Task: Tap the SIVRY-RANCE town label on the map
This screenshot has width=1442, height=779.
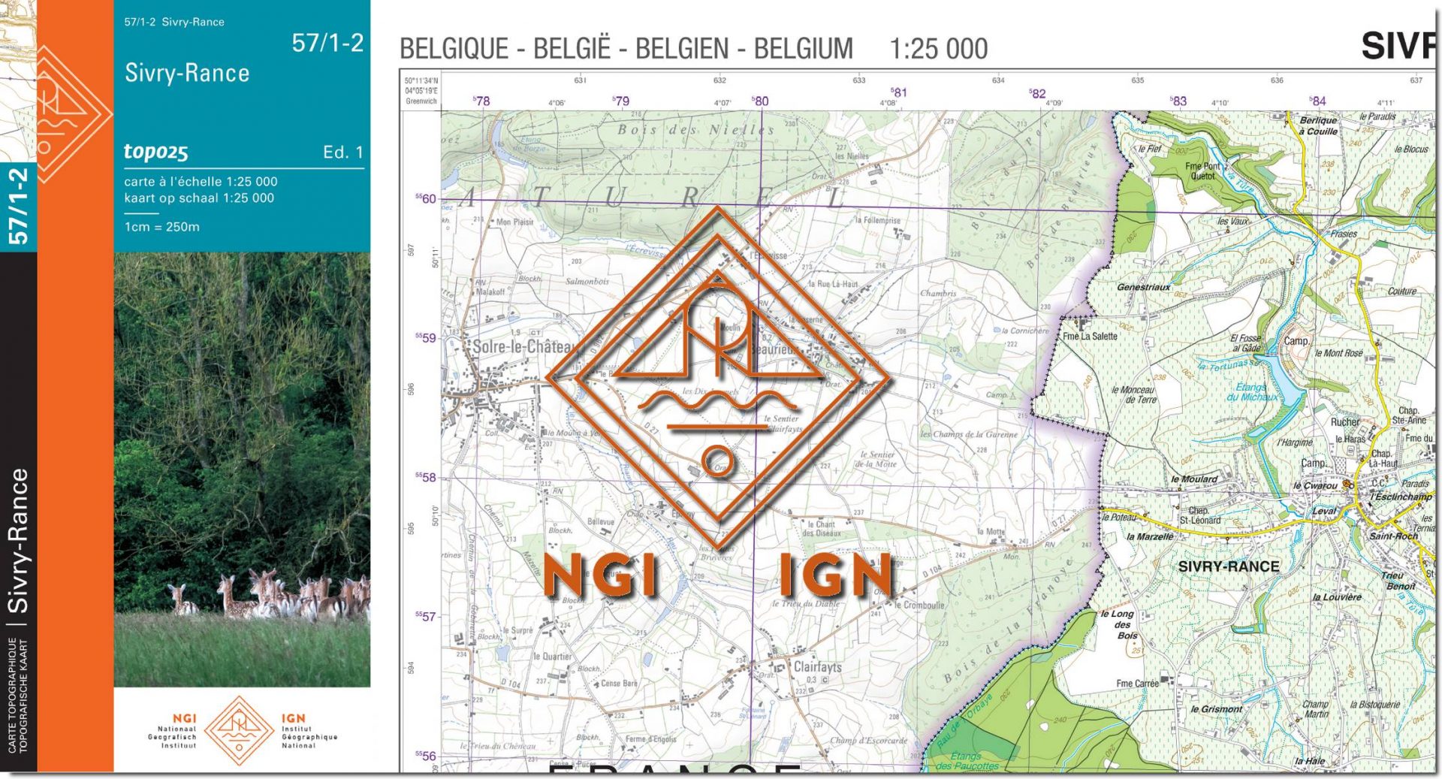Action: [x=1228, y=567]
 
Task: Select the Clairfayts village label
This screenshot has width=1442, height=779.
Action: [x=817, y=667]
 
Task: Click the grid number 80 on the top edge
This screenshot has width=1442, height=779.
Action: [x=760, y=101]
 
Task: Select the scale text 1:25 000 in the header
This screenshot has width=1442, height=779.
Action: [x=938, y=50]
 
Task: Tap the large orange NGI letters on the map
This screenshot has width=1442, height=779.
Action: [x=600, y=577]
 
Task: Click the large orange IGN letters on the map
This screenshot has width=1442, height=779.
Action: [x=836, y=577]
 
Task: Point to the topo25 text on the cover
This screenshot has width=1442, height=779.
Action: [x=156, y=152]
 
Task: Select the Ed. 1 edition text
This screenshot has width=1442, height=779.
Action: [x=343, y=152]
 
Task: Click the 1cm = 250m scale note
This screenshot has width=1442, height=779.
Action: [x=162, y=227]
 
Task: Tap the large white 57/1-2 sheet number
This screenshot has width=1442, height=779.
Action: [x=327, y=44]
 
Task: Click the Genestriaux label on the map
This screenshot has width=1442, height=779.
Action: [x=1143, y=288]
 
